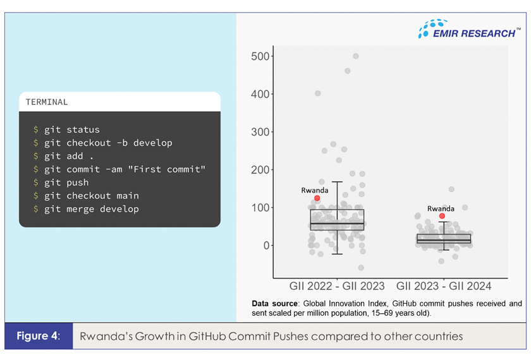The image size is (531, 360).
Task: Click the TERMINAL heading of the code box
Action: (47, 102)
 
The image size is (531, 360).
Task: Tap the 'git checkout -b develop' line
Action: (103, 143)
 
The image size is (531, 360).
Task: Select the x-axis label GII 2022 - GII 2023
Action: (337, 286)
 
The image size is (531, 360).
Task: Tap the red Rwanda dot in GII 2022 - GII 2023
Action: (317, 198)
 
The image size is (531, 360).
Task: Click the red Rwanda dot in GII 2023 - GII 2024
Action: (442, 216)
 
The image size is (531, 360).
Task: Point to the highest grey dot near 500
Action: (356, 56)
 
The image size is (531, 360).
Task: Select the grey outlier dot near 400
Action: (318, 93)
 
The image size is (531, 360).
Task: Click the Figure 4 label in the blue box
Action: (39, 336)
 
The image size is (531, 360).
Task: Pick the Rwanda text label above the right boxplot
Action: (441, 208)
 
